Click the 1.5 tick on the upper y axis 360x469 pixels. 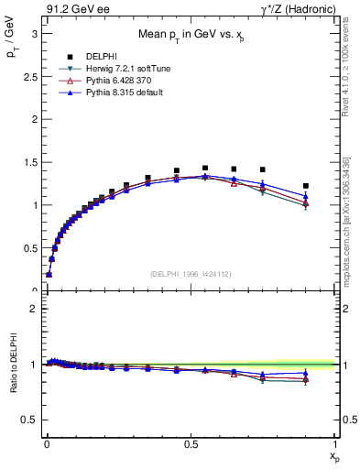pos(28,162)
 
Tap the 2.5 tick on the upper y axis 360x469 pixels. pos(28,76)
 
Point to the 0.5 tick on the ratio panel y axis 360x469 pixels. pos(28,420)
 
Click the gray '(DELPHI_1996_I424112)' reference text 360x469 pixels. pos(190,273)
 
